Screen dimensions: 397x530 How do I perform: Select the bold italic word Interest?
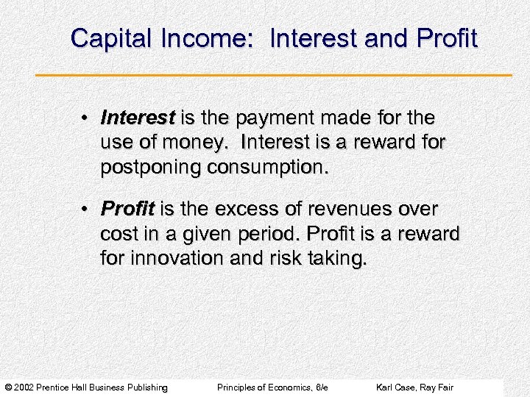[x=138, y=118]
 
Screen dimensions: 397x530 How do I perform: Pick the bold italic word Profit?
[x=127, y=210]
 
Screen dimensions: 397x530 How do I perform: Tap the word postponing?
[x=151, y=167]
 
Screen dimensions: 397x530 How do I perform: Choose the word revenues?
[x=339, y=210]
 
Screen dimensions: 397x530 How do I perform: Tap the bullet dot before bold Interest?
[x=86, y=118]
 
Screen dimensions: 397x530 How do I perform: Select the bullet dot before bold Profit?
[x=86, y=210]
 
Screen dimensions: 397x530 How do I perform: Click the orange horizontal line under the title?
[x=273, y=75]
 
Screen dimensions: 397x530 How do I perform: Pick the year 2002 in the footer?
[x=24, y=387]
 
